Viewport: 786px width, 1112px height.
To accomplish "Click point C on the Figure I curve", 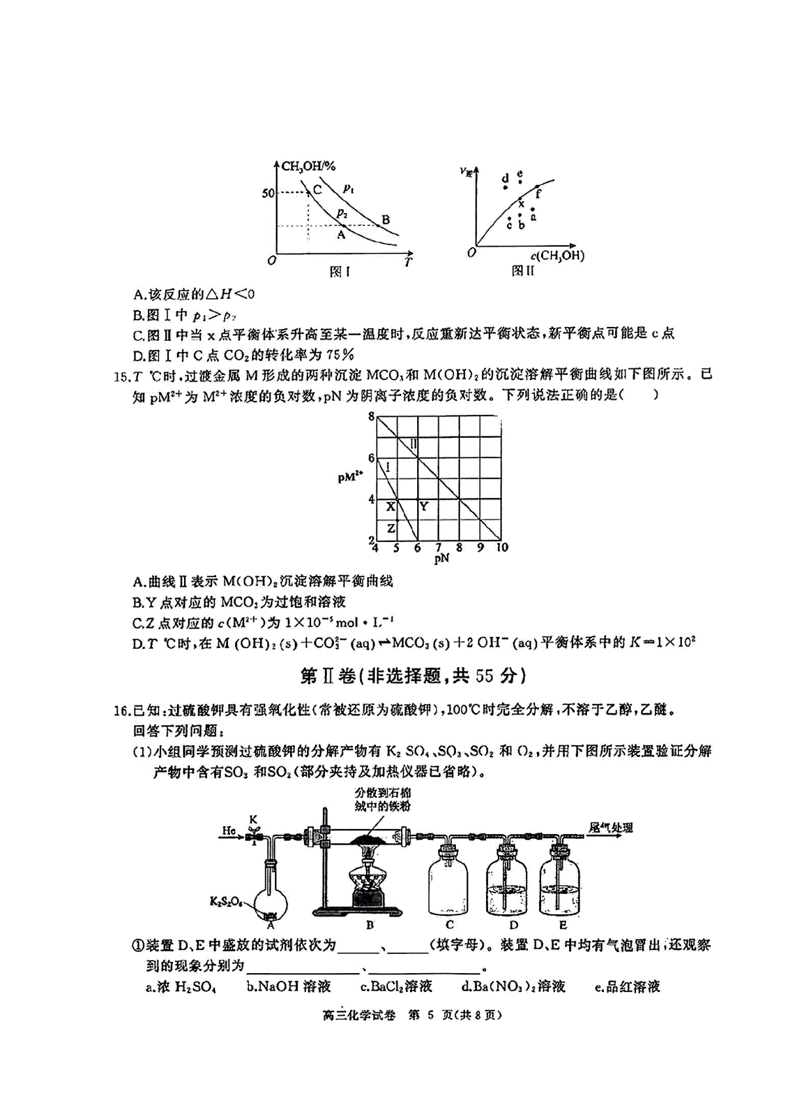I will [309, 192].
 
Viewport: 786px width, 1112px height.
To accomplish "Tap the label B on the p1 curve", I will [386, 220].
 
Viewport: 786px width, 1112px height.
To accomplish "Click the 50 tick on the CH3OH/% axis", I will [268, 193].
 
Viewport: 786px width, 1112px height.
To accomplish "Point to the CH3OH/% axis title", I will [308, 166].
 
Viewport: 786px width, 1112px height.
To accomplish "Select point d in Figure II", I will [505, 187].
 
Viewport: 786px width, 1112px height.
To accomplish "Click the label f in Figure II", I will [538, 195].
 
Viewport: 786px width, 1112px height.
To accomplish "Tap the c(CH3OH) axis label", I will [557, 255].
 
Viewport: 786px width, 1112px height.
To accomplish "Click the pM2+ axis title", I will [351, 476].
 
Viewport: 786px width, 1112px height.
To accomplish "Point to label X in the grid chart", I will [390, 507].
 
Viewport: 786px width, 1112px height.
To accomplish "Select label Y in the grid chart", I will [424, 507].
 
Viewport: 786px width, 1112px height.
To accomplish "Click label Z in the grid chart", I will [391, 528].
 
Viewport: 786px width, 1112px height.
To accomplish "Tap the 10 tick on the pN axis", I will [502, 548].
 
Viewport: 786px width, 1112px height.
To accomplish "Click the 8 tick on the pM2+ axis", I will [371, 417].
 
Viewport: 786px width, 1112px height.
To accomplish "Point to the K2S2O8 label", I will [225, 902].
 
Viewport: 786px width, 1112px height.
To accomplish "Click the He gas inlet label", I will [229, 831].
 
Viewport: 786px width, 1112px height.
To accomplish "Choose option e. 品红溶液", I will [627, 986].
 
